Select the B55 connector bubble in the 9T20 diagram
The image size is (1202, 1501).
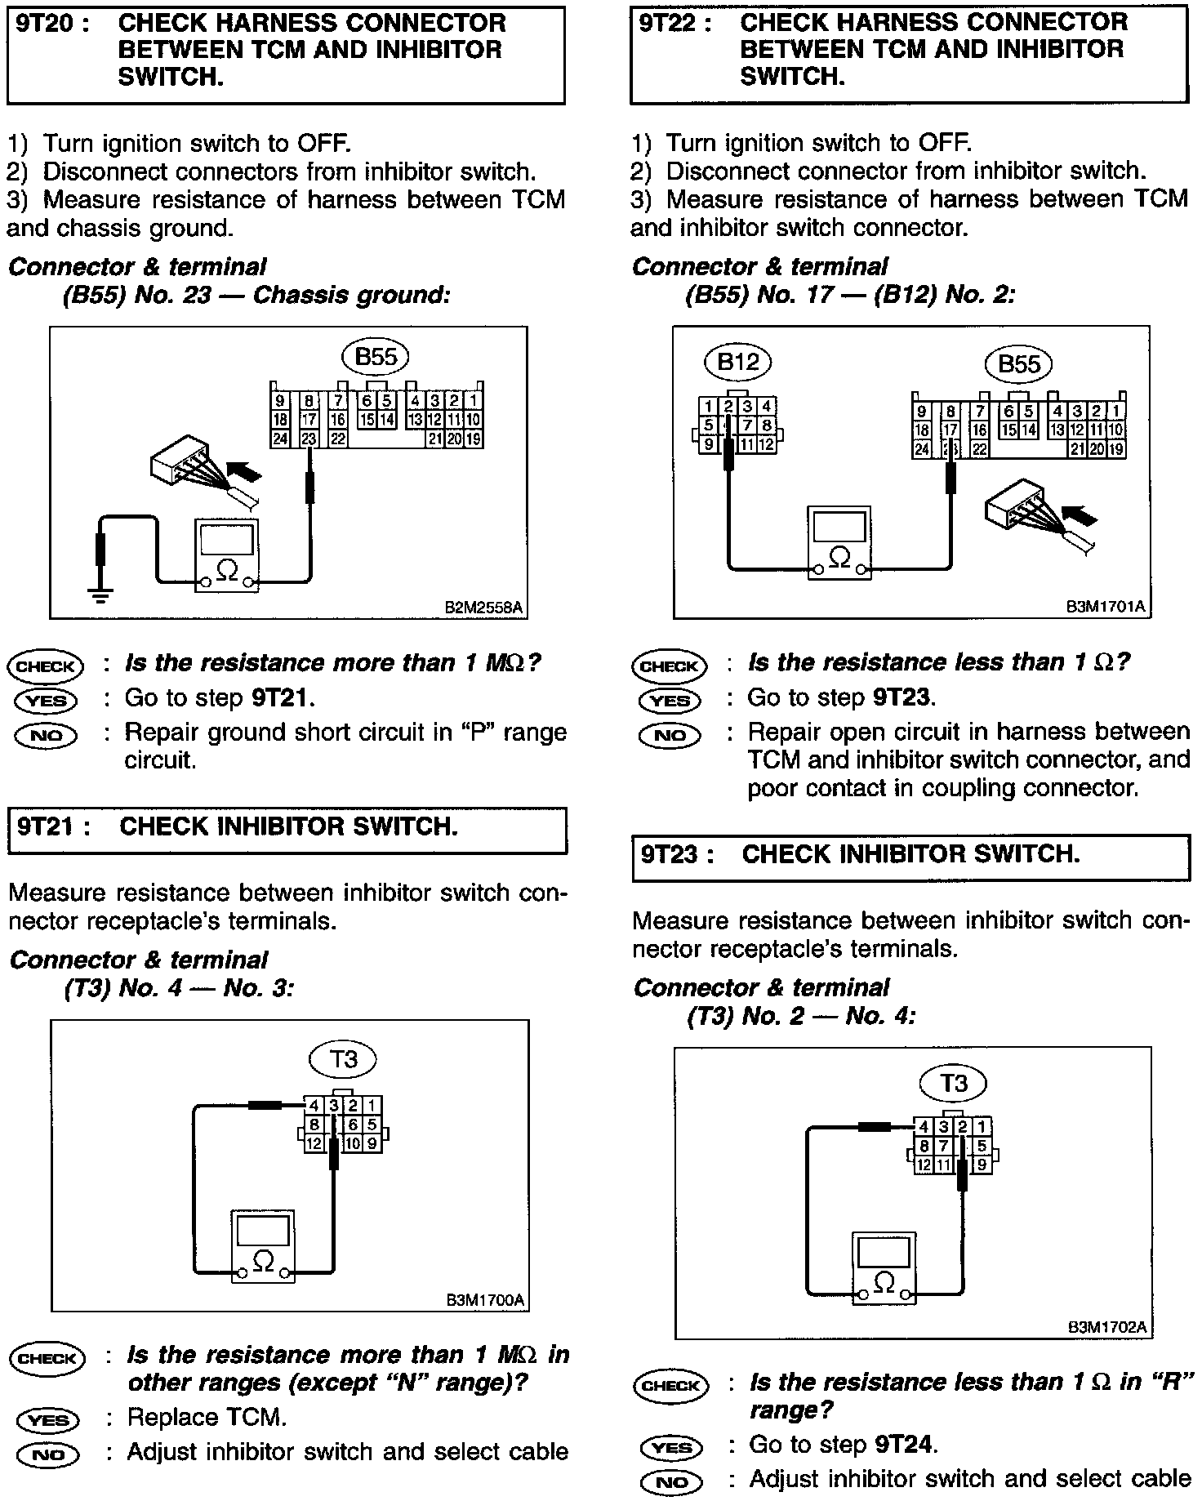[375, 356]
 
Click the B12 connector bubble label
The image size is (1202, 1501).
[737, 361]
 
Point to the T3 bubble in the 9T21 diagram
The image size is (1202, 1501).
[343, 1059]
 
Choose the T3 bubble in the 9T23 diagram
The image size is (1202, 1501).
[953, 1083]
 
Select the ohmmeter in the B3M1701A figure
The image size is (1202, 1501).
[839, 542]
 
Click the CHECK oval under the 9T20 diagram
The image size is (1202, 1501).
[45, 666]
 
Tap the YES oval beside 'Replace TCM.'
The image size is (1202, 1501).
[47, 1420]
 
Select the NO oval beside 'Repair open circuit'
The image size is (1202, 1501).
[670, 736]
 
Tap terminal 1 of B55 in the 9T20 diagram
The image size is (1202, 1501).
[474, 401]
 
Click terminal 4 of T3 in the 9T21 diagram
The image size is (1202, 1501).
[313, 1105]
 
